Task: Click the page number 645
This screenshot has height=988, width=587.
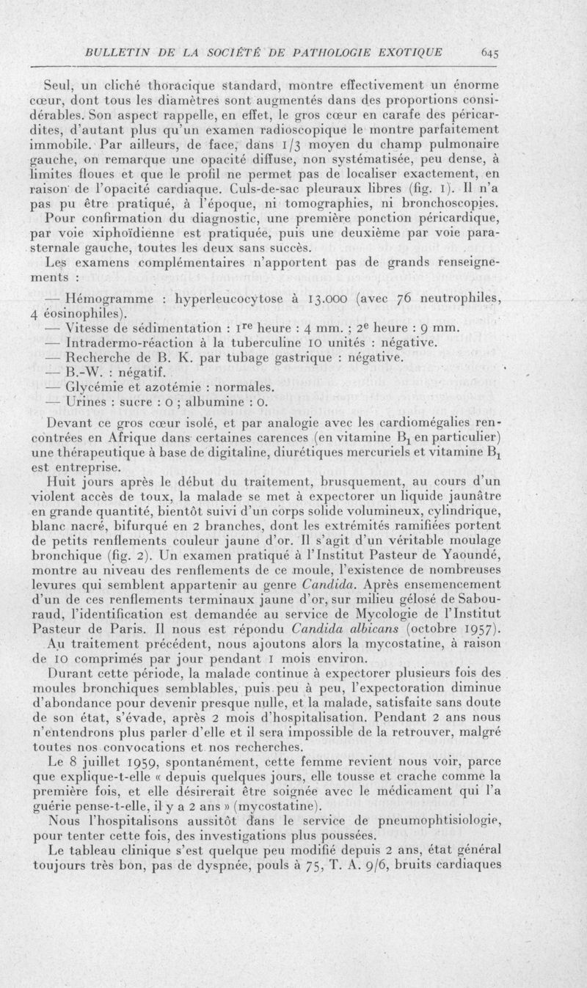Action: point(490,52)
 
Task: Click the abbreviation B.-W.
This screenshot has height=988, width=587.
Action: point(85,372)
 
